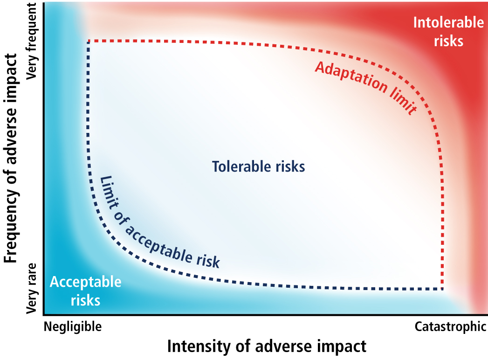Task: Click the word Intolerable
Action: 448,22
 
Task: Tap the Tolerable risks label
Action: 258,166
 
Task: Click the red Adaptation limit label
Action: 366,88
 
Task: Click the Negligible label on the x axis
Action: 73,327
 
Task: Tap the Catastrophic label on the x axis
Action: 450,327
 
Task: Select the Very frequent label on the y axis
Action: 31,41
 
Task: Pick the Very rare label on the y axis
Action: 31,288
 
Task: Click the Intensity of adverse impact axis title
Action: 267,346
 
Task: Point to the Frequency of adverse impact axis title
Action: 11,158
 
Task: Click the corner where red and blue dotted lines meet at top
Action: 89,41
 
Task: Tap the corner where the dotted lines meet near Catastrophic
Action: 442,289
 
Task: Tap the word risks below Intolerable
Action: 448,41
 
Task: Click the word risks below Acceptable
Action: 86,300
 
